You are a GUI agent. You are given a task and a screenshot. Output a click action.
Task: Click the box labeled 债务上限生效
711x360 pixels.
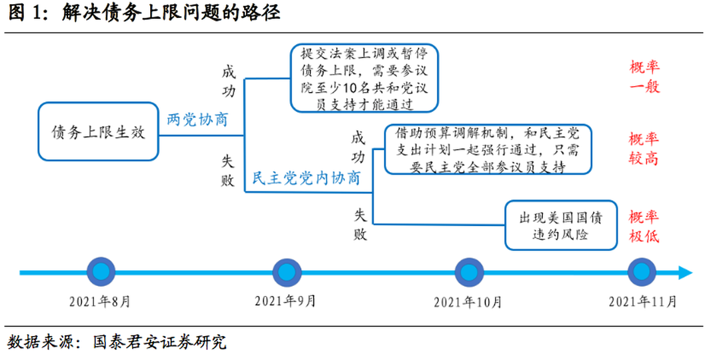pyautogui.click(x=99, y=131)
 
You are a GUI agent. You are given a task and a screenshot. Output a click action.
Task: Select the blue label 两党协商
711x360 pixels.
pyautogui.click(x=197, y=119)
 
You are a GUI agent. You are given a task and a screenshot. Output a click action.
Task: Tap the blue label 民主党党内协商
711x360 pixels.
pyautogui.click(x=307, y=177)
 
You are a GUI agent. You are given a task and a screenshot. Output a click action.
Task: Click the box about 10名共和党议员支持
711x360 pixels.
pyautogui.click(x=364, y=78)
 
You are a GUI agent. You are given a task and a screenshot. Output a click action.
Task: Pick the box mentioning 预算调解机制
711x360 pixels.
pyautogui.click(x=488, y=149)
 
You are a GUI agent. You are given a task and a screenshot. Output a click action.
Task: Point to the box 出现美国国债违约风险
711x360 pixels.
pyautogui.click(x=561, y=225)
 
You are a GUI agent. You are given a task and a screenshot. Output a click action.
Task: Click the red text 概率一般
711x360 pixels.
pyautogui.click(x=644, y=77)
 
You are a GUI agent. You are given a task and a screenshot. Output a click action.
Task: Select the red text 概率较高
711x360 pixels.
pyautogui.click(x=644, y=148)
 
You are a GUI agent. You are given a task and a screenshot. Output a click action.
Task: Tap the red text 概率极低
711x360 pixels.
pyautogui.click(x=644, y=226)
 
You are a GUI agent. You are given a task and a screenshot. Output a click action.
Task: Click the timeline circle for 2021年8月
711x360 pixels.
pyautogui.click(x=101, y=272)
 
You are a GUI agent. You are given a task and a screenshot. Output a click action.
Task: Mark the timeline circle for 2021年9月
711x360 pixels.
pyautogui.click(x=287, y=273)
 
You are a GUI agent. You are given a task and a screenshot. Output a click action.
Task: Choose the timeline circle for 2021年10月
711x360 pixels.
pyautogui.click(x=469, y=273)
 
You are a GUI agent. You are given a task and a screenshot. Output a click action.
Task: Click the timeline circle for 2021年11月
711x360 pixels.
pyautogui.click(x=642, y=272)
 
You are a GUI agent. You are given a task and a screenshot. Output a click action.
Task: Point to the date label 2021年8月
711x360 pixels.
pyautogui.click(x=100, y=301)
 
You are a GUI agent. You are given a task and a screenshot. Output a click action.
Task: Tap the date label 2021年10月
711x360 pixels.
pyautogui.click(x=468, y=302)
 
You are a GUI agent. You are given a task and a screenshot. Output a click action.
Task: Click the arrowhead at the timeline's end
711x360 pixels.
pyautogui.click(x=686, y=273)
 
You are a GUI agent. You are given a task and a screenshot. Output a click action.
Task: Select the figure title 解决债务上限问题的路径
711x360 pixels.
pyautogui.click(x=171, y=13)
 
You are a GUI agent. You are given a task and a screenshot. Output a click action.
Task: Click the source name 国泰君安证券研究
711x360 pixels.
pyautogui.click(x=159, y=342)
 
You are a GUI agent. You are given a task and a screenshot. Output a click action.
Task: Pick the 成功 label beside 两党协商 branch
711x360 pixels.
pyautogui.click(x=229, y=81)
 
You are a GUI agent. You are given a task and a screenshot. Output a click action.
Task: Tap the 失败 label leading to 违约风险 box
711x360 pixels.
pyautogui.click(x=360, y=225)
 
